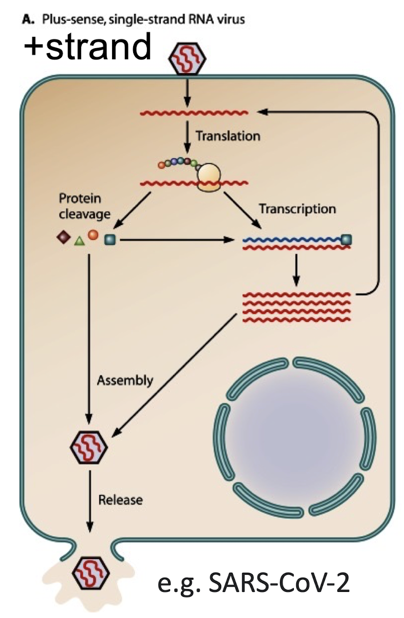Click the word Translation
click(228, 136)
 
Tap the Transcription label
click(297, 208)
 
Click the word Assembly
click(125, 380)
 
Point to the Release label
click(120, 500)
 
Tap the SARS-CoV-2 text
click(254, 584)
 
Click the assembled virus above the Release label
click(89, 447)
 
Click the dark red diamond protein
click(63, 238)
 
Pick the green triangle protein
click(79, 241)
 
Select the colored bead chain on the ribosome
click(178, 163)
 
